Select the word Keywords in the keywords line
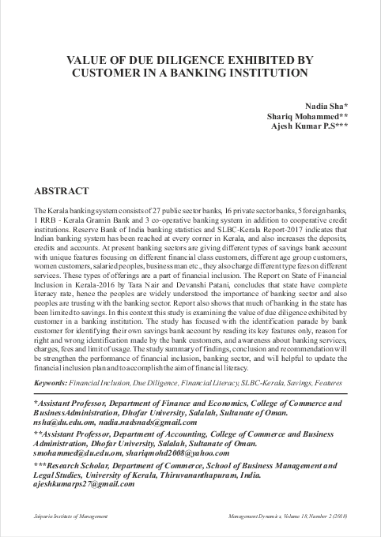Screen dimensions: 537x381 (x=51, y=383)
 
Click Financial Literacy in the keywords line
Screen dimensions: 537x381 (x=199, y=383)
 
